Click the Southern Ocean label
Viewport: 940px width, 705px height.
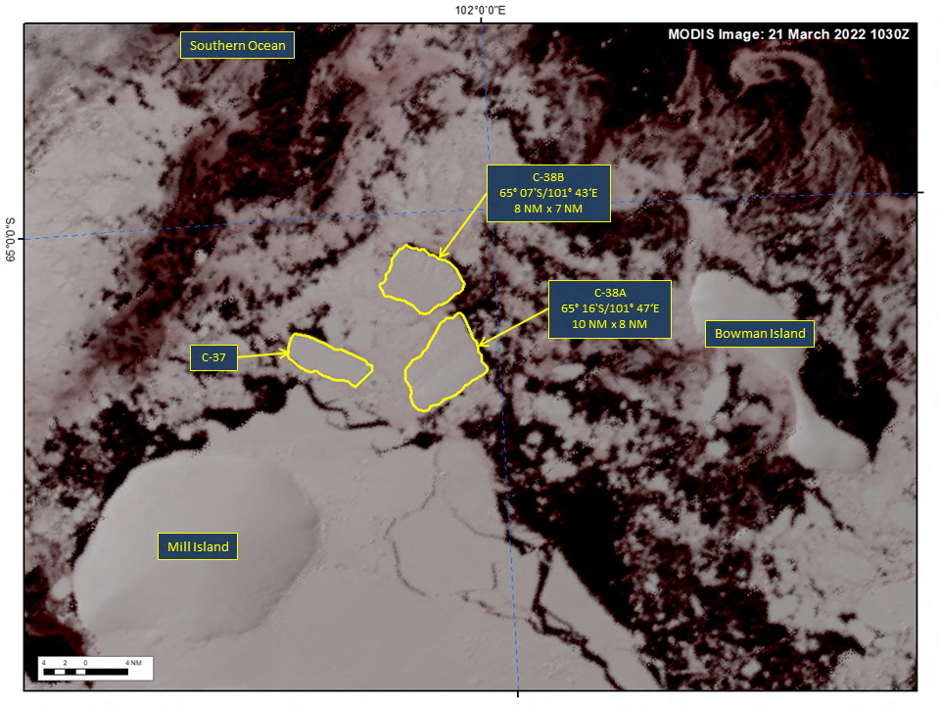point(237,45)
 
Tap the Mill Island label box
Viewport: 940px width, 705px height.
point(198,546)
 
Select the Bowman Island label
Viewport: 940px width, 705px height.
point(760,334)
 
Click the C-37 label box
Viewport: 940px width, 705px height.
point(213,358)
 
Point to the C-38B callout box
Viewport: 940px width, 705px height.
point(548,193)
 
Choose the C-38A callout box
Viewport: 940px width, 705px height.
point(609,308)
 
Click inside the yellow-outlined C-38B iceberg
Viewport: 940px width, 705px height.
point(421,278)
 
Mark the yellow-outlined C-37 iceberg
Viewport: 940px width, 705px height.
point(329,359)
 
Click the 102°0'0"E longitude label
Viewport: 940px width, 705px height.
point(480,10)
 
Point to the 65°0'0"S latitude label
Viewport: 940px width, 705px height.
point(11,240)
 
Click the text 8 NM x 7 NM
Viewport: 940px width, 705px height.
point(548,209)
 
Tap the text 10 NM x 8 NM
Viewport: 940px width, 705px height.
point(609,324)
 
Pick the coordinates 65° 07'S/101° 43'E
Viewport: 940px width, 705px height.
point(548,193)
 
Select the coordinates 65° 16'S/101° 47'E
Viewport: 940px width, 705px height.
point(609,308)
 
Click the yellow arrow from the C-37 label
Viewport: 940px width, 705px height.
point(262,355)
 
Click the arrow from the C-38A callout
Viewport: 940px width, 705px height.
point(513,328)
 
